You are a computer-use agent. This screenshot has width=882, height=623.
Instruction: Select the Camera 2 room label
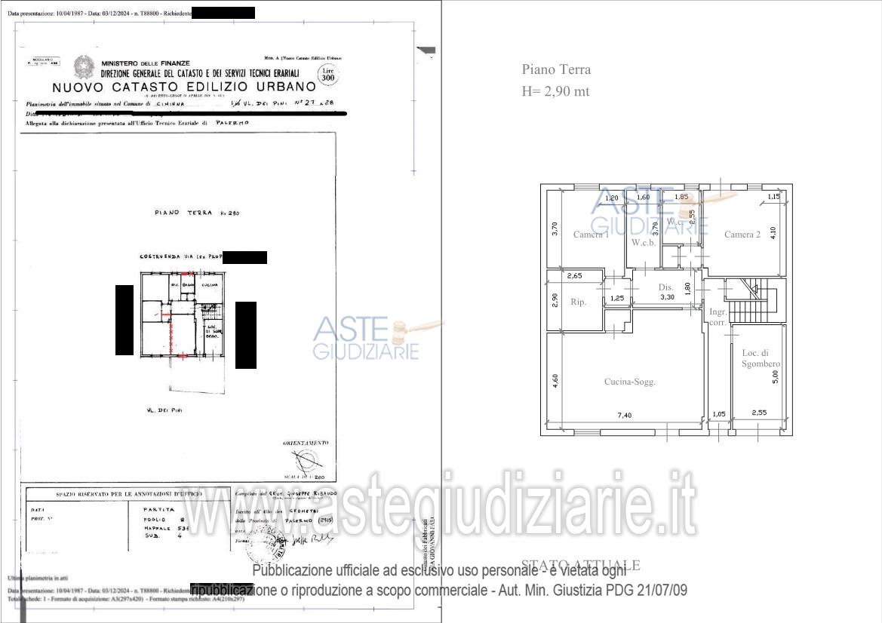tap(742, 235)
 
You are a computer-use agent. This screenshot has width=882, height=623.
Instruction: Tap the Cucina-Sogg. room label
tap(630, 382)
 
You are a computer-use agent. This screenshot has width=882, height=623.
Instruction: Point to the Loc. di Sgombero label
tap(761, 358)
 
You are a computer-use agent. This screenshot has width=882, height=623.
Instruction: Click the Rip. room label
tap(579, 301)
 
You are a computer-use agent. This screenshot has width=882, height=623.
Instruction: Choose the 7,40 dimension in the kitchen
tap(625, 416)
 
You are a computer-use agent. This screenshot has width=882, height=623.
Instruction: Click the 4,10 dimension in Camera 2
tap(772, 234)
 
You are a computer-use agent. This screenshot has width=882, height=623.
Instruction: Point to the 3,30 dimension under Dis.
tap(666, 297)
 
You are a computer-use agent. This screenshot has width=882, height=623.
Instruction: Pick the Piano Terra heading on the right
tap(556, 69)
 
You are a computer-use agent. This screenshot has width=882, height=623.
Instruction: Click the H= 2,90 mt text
tap(555, 91)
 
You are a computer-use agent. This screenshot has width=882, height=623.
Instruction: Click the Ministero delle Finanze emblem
tap(83, 67)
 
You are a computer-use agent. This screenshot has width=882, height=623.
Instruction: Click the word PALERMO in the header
tap(232, 121)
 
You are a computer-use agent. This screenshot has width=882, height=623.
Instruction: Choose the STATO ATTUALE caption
tap(581, 565)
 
